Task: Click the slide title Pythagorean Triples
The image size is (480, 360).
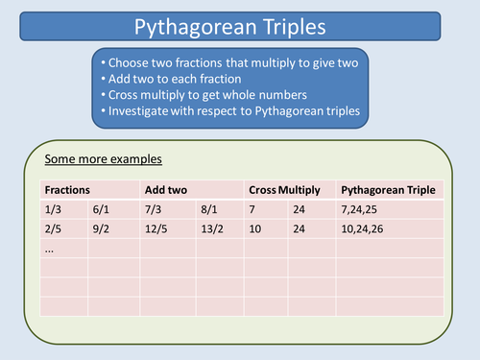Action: pyautogui.click(x=230, y=27)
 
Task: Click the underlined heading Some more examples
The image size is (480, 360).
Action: pyautogui.click(x=104, y=159)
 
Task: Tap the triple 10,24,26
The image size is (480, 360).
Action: pyautogui.click(x=362, y=229)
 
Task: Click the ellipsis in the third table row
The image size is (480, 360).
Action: pyautogui.click(x=49, y=252)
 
